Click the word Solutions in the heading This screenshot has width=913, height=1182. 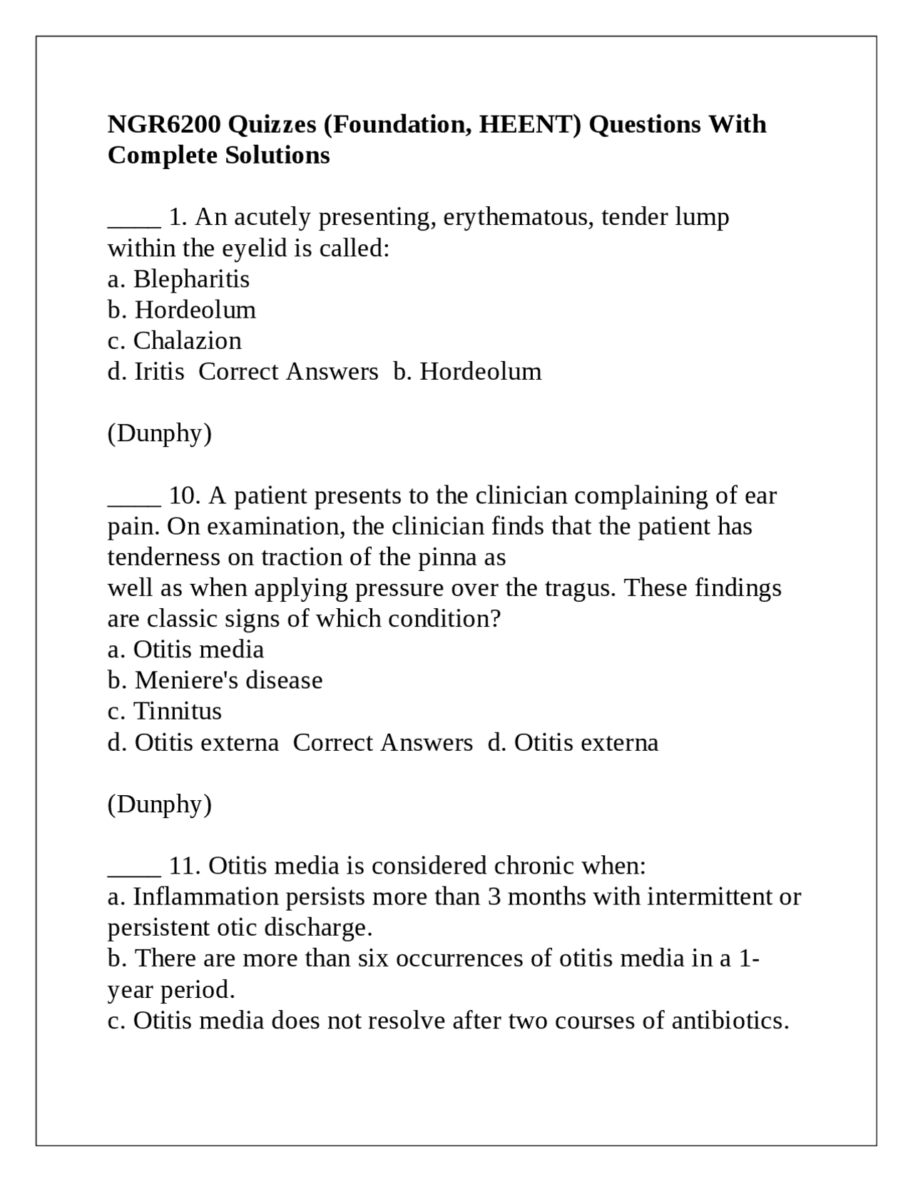[x=277, y=155]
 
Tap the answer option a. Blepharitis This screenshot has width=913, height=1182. [x=178, y=279]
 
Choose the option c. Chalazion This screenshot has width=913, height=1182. [x=175, y=340]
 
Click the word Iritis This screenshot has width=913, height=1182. [x=159, y=371]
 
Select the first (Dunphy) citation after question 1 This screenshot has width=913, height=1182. [x=160, y=433]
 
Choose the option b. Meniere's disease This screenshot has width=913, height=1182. [x=215, y=680]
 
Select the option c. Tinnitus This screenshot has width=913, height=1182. [x=165, y=711]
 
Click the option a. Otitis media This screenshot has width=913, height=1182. [x=185, y=650]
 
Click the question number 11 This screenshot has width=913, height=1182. [x=185, y=866]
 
